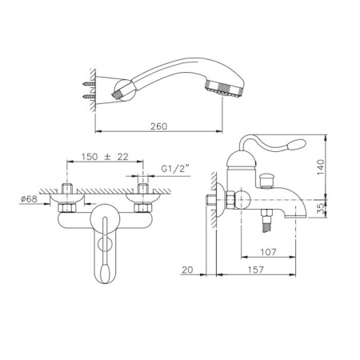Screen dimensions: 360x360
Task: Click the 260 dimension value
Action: [x=159, y=126]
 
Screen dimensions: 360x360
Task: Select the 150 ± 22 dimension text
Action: [x=105, y=157]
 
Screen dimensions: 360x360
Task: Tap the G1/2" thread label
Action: [x=175, y=169]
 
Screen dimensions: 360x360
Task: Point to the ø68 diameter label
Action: [x=29, y=198]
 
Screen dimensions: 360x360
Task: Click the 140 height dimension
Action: [x=320, y=167]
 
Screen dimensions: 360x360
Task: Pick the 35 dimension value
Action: [x=322, y=208]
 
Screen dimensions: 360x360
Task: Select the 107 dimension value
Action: [x=268, y=252]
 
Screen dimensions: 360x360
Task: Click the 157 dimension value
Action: [x=255, y=270]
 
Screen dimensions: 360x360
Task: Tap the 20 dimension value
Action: [x=187, y=270]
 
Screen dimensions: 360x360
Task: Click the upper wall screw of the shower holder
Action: [x=89, y=84]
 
